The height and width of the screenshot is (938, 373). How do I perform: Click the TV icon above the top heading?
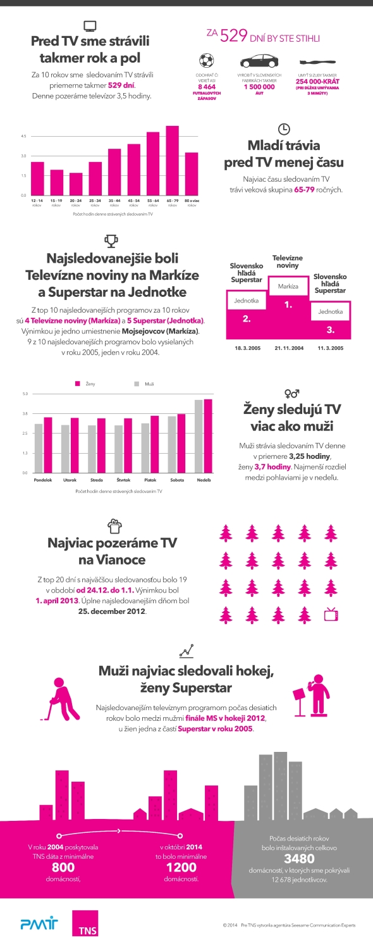click(x=90, y=27)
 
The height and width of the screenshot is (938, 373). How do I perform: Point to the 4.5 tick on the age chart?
click(x=23, y=137)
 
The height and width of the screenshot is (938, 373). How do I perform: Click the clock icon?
click(x=284, y=127)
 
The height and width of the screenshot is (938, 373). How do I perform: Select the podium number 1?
click(x=288, y=305)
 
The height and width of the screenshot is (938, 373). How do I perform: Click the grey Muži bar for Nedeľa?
click(x=199, y=437)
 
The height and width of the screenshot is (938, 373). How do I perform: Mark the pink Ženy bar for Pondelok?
click(x=47, y=445)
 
